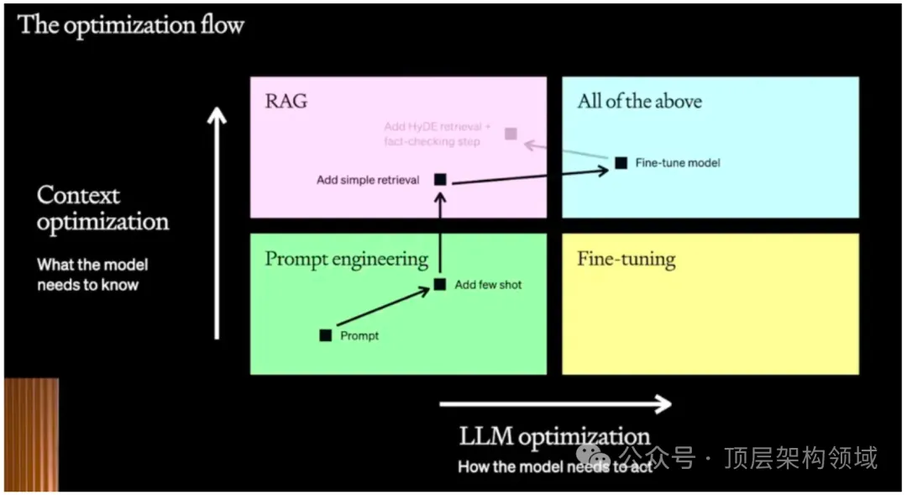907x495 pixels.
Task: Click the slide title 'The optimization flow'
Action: tap(130, 24)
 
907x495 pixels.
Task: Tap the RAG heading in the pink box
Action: tap(286, 102)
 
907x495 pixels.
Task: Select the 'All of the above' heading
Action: tap(639, 102)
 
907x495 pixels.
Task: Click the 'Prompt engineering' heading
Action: tap(346, 259)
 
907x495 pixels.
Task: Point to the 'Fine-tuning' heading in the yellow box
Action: tap(626, 259)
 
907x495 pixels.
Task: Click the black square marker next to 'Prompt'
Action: tap(326, 335)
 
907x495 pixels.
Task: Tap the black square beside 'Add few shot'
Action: tap(439, 284)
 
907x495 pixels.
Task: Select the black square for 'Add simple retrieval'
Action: tap(439, 179)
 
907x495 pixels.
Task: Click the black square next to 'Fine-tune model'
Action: tap(621, 162)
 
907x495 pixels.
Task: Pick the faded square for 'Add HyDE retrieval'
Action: tap(511, 134)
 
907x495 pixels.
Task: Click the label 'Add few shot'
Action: tap(488, 285)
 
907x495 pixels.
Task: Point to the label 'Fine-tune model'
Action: tap(678, 162)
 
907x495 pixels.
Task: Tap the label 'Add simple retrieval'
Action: tap(368, 180)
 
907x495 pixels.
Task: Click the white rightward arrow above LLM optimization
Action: tap(554, 404)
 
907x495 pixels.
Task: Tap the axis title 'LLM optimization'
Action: tap(554, 436)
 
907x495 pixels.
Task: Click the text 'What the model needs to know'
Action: tap(92, 275)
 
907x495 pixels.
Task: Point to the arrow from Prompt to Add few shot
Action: tap(382, 308)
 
